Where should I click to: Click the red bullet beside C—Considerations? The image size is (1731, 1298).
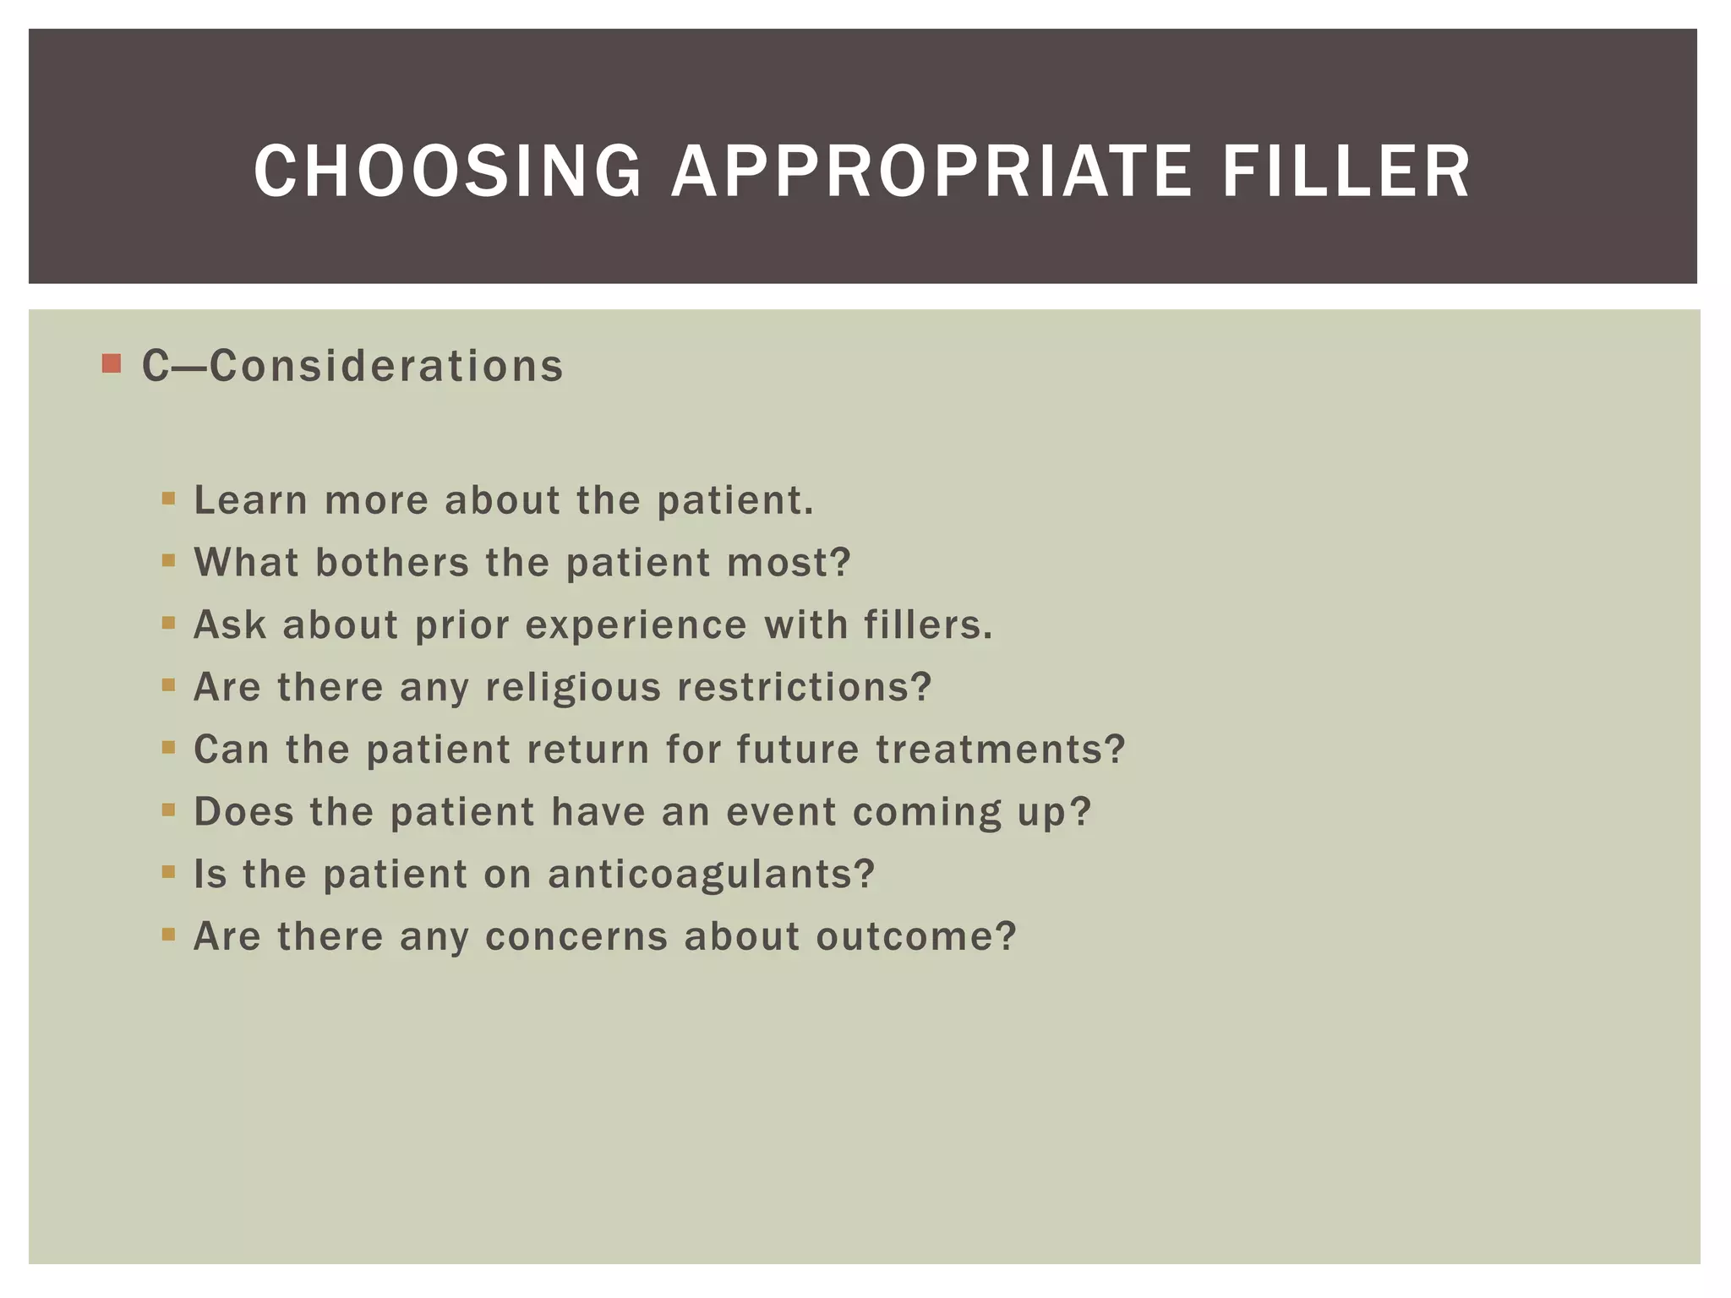111,364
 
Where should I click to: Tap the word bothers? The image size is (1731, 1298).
391,563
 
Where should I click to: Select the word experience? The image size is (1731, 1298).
636,625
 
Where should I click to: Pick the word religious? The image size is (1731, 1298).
573,687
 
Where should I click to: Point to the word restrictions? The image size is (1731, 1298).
804,687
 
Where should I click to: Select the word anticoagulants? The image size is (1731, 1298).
711,875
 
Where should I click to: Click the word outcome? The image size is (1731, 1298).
915,936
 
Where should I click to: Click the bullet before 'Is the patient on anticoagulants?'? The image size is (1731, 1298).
168,871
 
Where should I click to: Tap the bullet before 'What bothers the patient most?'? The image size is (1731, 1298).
168,560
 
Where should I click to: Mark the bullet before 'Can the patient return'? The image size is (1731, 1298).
168,747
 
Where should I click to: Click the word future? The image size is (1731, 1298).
798,750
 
